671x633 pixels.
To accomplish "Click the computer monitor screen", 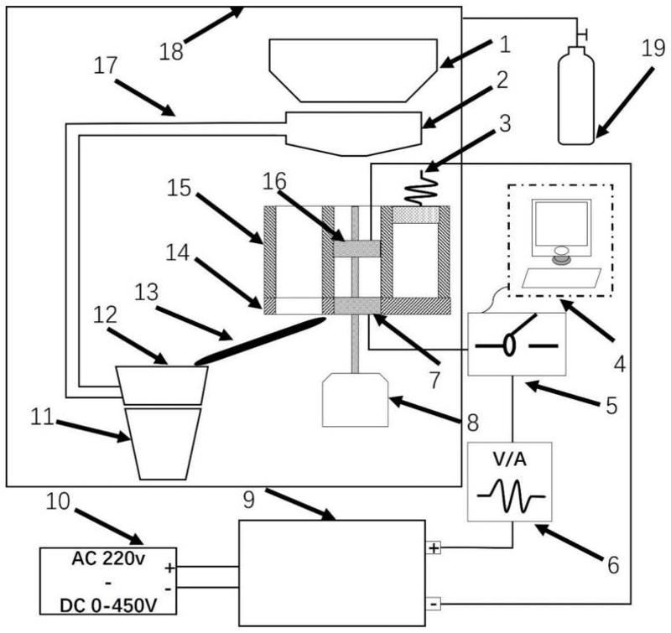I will point(561,224).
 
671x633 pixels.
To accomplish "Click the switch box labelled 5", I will point(517,344).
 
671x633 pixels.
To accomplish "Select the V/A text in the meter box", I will point(510,460).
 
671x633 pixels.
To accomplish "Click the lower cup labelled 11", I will point(162,443).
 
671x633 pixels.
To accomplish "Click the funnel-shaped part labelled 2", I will point(352,131).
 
